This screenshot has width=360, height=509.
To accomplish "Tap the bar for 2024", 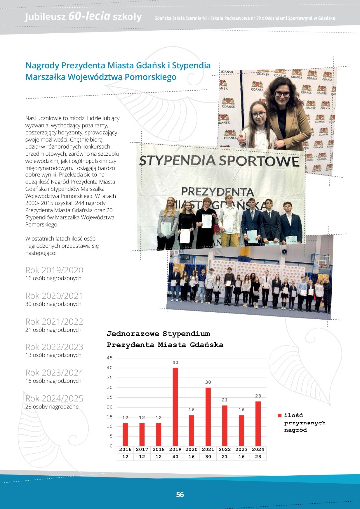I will pos(258,423).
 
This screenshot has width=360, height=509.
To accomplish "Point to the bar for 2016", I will pos(125,434).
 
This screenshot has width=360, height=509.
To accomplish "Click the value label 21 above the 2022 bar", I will pos(225,400).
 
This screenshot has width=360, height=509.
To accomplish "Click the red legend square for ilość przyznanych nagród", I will pos(280,415).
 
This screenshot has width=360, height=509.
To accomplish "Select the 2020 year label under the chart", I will pos(191,449).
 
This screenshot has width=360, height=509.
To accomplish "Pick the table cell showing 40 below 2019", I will pos(175,456).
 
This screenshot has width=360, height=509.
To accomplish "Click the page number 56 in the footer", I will pos(180,494).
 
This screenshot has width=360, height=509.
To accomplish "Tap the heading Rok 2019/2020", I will pos(54,270).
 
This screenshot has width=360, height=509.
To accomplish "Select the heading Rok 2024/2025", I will pos(54,398).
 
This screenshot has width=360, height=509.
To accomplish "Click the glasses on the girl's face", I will pos(259,115).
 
